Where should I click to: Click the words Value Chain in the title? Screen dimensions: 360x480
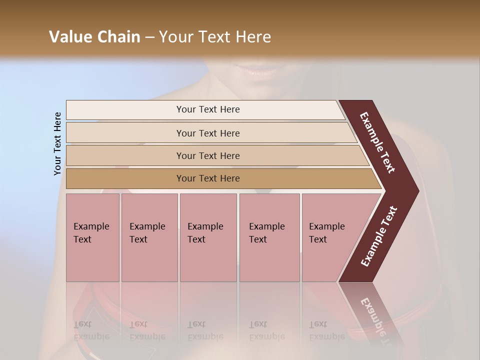pos(94,37)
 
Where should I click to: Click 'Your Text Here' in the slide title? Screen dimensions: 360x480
pos(215,37)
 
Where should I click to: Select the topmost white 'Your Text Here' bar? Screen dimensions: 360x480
pos(207,109)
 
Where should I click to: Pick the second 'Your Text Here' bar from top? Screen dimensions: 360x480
pos(207,133)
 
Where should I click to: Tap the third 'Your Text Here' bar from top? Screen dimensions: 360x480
pos(207,155)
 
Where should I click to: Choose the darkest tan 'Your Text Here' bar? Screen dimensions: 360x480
pos(207,178)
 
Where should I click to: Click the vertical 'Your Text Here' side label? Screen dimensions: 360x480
pos(57,143)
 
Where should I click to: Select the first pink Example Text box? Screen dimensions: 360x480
pos(92,237)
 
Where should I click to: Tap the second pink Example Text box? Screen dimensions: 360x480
pos(149,237)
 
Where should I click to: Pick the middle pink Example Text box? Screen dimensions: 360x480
pos(208,237)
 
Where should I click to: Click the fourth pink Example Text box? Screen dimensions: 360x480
pos(269,237)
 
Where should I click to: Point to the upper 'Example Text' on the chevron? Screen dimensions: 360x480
pos(377,142)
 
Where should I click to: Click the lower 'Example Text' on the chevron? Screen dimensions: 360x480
pos(379,236)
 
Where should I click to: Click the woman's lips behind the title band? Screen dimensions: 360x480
pos(259,71)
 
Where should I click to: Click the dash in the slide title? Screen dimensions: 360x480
pos(149,37)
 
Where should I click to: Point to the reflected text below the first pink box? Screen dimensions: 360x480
pos(91,330)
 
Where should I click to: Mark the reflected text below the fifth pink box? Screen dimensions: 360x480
pos(326,330)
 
